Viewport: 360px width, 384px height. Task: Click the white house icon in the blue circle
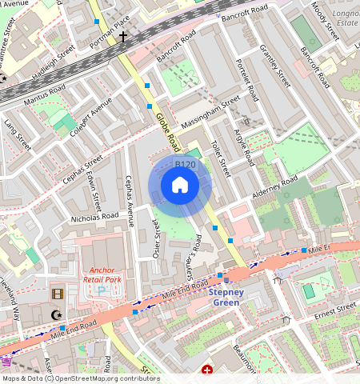tap(180, 186)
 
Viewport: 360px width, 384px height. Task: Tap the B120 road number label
tap(185, 165)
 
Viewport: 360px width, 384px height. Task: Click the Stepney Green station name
tap(231, 297)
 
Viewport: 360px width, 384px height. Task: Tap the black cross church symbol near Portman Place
tap(123, 37)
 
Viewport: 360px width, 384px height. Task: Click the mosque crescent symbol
tap(55, 315)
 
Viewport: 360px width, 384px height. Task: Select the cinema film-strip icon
tap(56, 294)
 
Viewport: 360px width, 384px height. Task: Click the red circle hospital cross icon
tap(207, 370)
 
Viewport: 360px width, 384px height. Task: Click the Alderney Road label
tap(274, 186)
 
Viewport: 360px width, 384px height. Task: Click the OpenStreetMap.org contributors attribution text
tap(107, 379)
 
